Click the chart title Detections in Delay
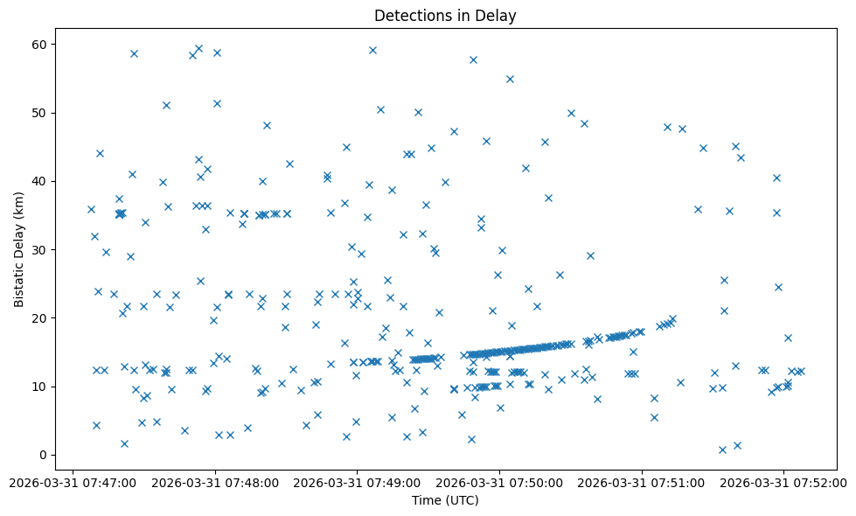click(445, 15)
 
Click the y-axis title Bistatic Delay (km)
click(19, 249)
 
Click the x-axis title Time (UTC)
click(445, 500)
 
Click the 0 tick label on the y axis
click(43, 455)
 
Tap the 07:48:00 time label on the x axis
click(215, 482)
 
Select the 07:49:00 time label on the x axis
click(358, 482)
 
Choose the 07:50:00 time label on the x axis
click(500, 482)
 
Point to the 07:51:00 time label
click(643, 482)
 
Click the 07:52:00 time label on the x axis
click(784, 482)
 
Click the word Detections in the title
click(411, 15)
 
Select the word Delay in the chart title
click(498, 15)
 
